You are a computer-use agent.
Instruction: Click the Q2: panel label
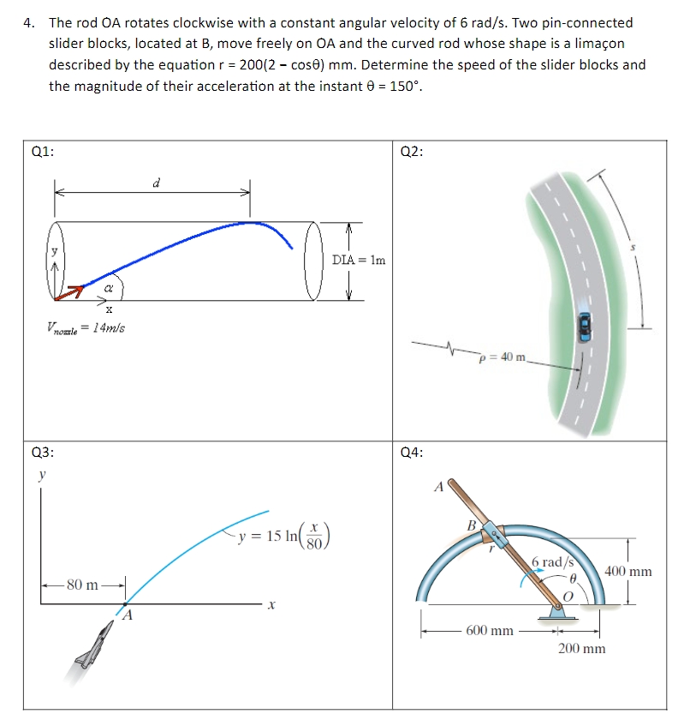click(412, 152)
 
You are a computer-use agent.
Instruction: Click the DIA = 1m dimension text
click(357, 260)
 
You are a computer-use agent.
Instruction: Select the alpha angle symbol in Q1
click(110, 290)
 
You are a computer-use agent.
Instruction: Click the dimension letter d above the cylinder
click(155, 183)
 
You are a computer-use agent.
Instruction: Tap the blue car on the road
click(585, 325)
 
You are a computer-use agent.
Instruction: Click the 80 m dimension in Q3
click(83, 585)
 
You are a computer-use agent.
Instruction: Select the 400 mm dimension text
click(628, 571)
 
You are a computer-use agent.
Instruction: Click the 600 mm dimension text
click(489, 630)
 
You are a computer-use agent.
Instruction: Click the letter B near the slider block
click(471, 525)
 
